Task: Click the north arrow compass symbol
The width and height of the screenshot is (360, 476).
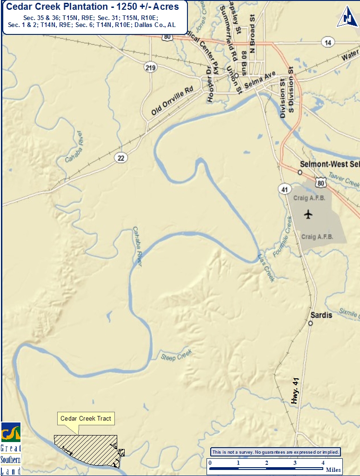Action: [x=347, y=16]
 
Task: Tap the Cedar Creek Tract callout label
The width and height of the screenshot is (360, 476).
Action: [x=86, y=418]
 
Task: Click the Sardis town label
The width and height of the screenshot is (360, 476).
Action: [x=321, y=315]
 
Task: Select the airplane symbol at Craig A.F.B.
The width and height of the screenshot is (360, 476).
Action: [x=308, y=214]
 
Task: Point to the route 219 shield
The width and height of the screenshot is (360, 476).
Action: [x=150, y=68]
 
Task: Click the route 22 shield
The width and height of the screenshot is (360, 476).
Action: [x=121, y=158]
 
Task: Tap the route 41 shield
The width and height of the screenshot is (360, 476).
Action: [x=285, y=188]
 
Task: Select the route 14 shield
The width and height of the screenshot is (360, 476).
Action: [x=328, y=42]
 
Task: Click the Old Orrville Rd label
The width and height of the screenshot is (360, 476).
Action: [x=172, y=101]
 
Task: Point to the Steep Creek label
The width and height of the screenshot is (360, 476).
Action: [x=176, y=356]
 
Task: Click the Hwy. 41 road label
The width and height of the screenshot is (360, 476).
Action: [x=295, y=390]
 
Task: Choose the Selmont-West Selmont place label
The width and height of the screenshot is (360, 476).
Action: [x=329, y=164]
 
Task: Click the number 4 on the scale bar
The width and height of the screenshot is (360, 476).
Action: [x=323, y=463]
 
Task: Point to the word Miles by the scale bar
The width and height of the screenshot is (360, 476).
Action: [x=333, y=469]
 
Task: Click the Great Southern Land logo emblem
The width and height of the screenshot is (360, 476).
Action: [x=10, y=433]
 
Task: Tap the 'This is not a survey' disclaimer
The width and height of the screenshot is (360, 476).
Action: [x=276, y=452]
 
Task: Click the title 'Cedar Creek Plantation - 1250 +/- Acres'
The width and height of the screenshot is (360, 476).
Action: [x=93, y=7]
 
